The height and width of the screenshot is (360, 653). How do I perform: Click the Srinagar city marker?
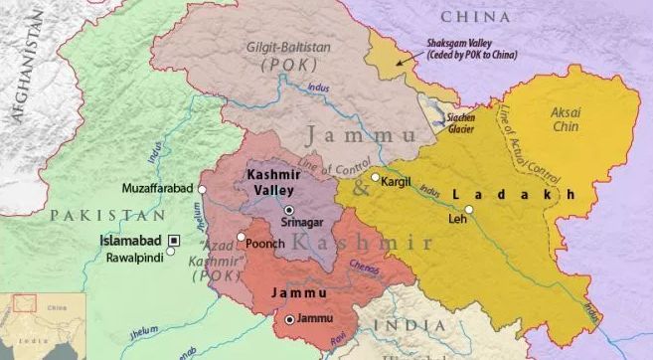coord(288,211)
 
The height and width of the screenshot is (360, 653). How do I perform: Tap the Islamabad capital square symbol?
coord(175,240)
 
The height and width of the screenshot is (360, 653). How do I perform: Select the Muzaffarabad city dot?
coord(203,188)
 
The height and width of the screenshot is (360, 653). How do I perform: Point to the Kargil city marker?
coord(375,178)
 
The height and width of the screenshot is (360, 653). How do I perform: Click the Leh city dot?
coord(469,209)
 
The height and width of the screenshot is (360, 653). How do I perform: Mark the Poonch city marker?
coord(242,237)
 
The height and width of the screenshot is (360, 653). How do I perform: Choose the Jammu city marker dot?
coord(289,319)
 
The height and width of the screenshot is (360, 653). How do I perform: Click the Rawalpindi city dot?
coord(171,253)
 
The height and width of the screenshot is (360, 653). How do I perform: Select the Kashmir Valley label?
coord(273,182)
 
